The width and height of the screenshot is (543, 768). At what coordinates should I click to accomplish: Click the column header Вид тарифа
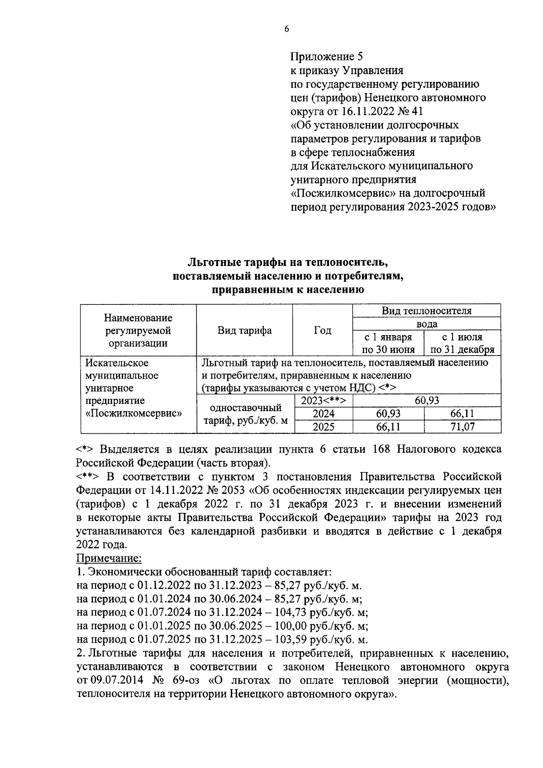tap(244, 330)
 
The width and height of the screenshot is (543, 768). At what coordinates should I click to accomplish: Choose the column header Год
tap(322, 330)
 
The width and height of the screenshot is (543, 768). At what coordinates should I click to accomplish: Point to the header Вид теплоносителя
tap(426, 311)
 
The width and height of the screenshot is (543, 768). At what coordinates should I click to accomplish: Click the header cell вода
tap(426, 324)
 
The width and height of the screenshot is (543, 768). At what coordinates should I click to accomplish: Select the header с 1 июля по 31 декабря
tap(462, 343)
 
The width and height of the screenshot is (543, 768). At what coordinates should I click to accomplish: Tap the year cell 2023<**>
tap(324, 400)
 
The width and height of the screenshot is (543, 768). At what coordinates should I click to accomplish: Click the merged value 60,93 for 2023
tap(426, 400)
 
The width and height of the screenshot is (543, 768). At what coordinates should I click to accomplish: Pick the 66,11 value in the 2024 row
tap(462, 413)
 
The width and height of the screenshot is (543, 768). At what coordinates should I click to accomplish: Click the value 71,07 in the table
tap(462, 427)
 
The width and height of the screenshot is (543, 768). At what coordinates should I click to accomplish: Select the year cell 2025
tap(324, 427)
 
